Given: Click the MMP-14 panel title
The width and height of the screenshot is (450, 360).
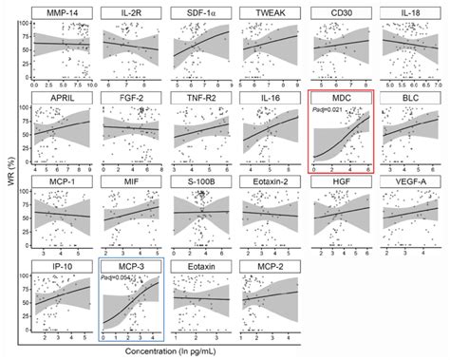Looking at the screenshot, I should coord(62,13).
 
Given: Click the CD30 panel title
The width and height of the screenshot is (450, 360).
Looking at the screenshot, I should coord(341,13).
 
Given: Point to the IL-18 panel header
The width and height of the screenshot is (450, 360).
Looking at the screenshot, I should coord(411,13).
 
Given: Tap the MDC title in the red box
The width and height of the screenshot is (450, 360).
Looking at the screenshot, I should coord(341,98).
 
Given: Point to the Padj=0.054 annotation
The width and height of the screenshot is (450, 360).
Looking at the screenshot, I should coord(120,278).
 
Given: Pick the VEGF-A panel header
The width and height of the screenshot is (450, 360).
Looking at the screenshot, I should coord(411,180).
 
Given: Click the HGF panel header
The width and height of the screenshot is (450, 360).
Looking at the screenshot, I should coord(341,180).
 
